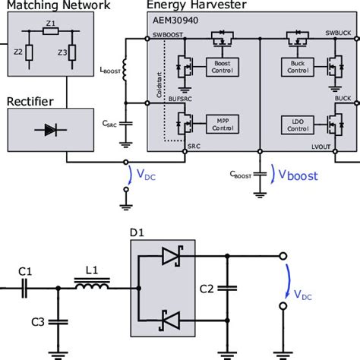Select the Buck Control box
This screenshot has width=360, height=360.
(x=296, y=66)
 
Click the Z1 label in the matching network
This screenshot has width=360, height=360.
(x=50, y=24)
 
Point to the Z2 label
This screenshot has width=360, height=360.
(x=17, y=52)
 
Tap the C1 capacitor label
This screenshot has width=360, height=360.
(x=26, y=270)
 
